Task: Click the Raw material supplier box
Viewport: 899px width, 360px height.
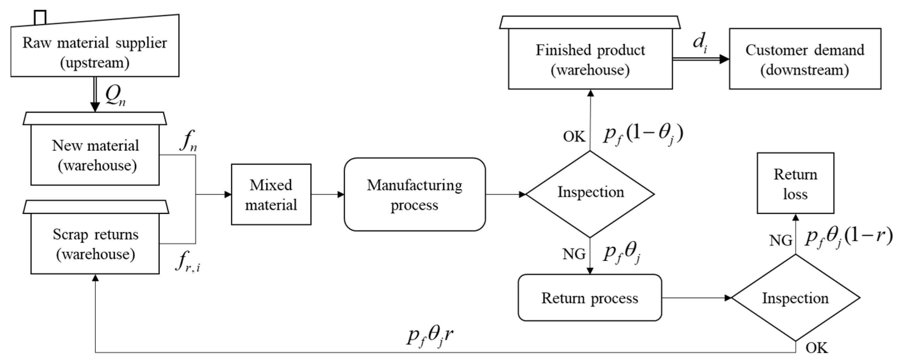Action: click(94, 52)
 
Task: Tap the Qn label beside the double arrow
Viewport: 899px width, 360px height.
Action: click(116, 96)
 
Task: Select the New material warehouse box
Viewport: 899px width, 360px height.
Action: click(95, 155)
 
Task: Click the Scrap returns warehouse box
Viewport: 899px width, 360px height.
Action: click(95, 244)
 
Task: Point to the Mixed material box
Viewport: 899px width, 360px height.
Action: click(271, 195)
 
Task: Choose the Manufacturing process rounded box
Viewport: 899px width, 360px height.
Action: click(415, 195)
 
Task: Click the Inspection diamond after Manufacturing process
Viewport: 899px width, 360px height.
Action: click(590, 194)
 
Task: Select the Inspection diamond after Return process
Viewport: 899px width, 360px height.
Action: click(795, 298)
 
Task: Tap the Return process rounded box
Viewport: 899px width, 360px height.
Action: click(590, 298)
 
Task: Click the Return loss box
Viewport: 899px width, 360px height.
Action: click(795, 183)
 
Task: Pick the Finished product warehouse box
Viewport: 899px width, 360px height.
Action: click(590, 59)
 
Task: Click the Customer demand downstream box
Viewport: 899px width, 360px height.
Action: click(805, 59)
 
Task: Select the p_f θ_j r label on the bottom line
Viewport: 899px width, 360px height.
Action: click(430, 336)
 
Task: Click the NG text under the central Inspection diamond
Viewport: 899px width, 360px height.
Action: click(574, 254)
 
